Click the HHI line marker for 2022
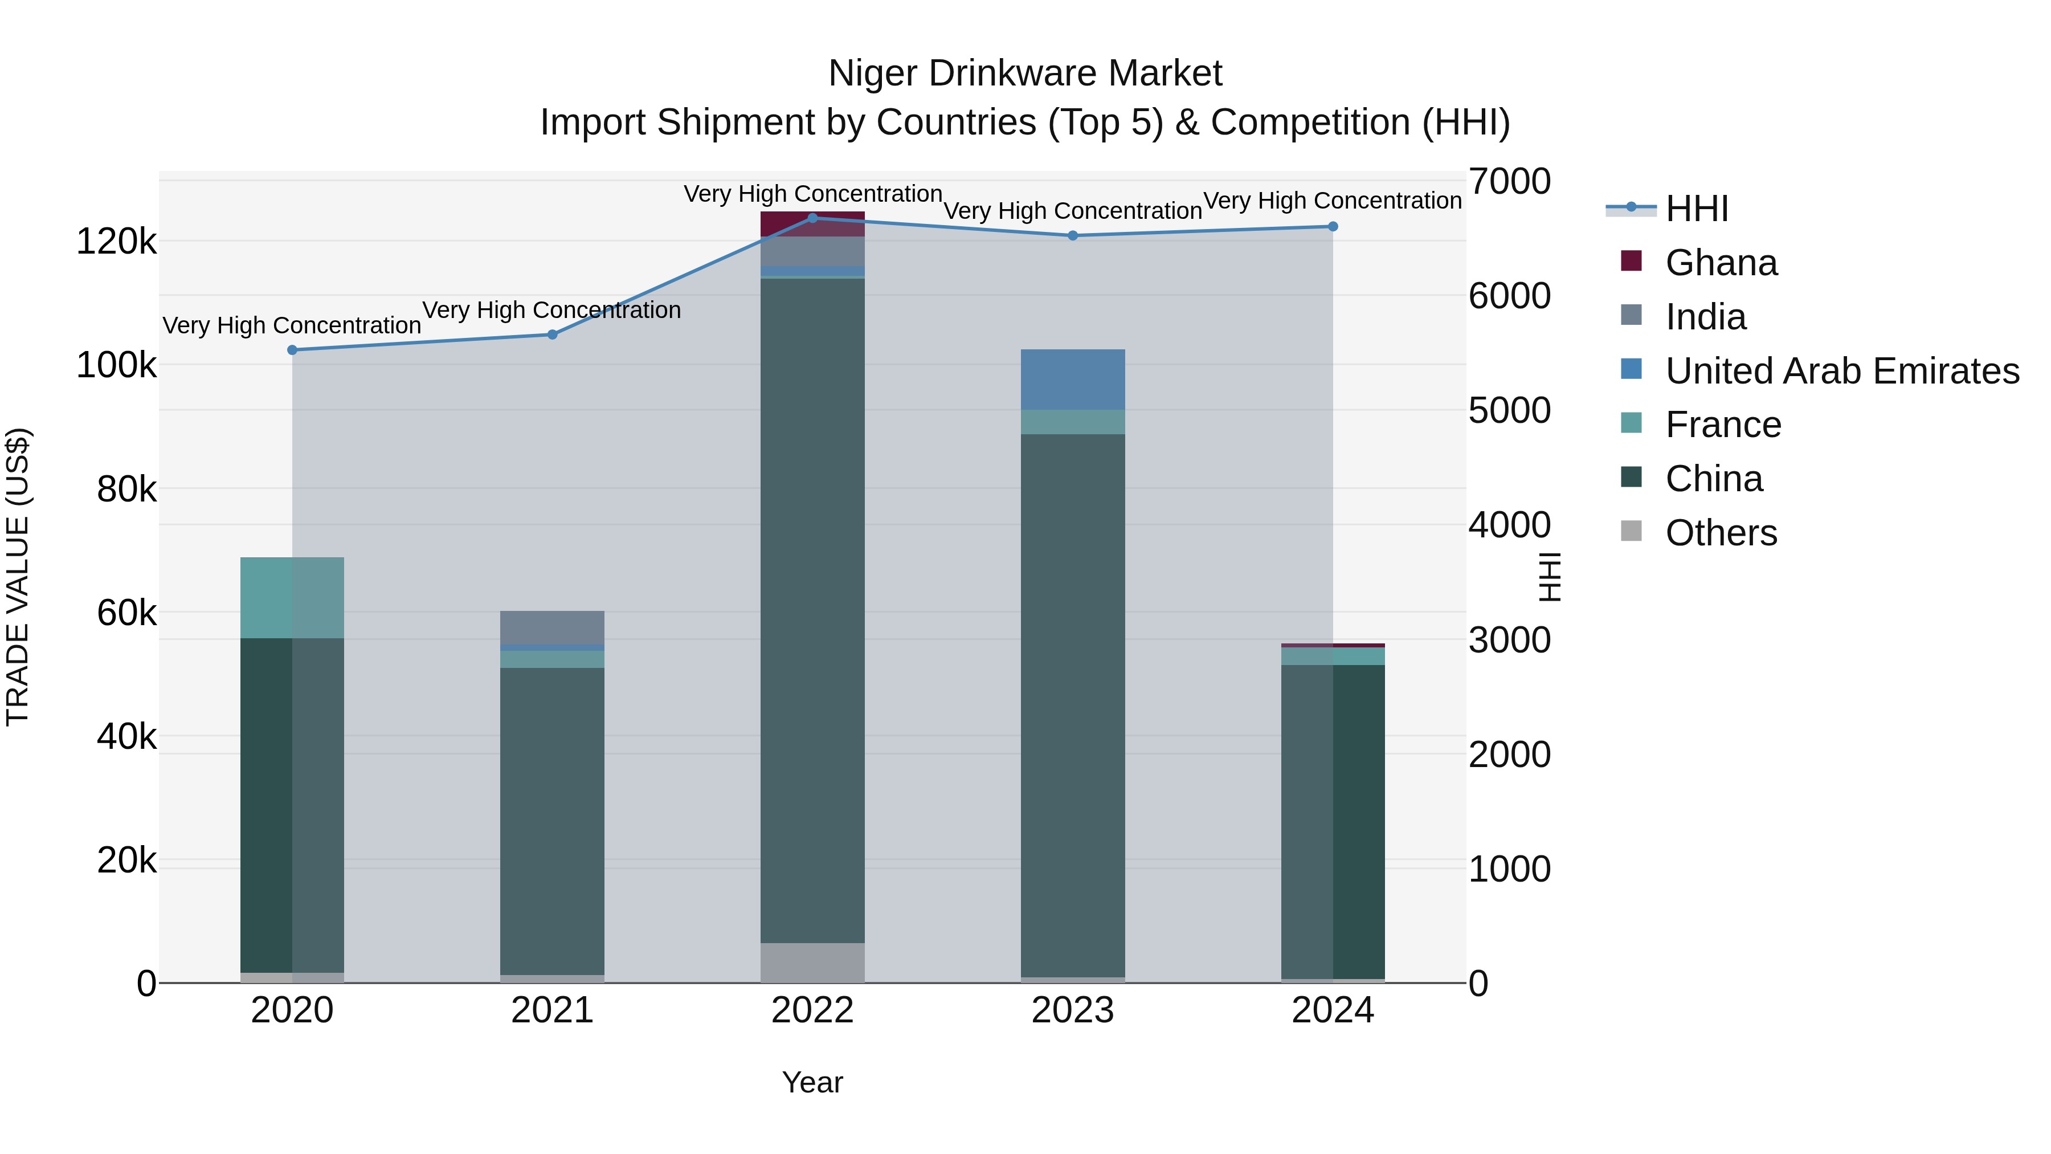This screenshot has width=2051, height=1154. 812,218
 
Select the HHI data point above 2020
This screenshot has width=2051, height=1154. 292,350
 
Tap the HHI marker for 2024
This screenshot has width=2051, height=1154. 1333,226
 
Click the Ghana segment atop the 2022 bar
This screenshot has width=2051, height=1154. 812,225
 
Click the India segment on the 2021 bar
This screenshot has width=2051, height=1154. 551,627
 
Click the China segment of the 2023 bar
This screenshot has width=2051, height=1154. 1072,705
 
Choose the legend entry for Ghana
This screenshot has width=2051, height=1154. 1721,263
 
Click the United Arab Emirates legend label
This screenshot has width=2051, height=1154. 1841,371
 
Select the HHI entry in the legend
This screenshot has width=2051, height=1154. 1696,209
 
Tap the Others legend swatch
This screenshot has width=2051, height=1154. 1631,531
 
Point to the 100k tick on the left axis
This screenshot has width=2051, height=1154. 116,365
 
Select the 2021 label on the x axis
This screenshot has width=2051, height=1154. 551,1010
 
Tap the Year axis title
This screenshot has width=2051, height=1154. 812,1082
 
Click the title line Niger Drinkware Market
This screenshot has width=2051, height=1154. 1025,74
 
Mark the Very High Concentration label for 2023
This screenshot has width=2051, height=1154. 1072,211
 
